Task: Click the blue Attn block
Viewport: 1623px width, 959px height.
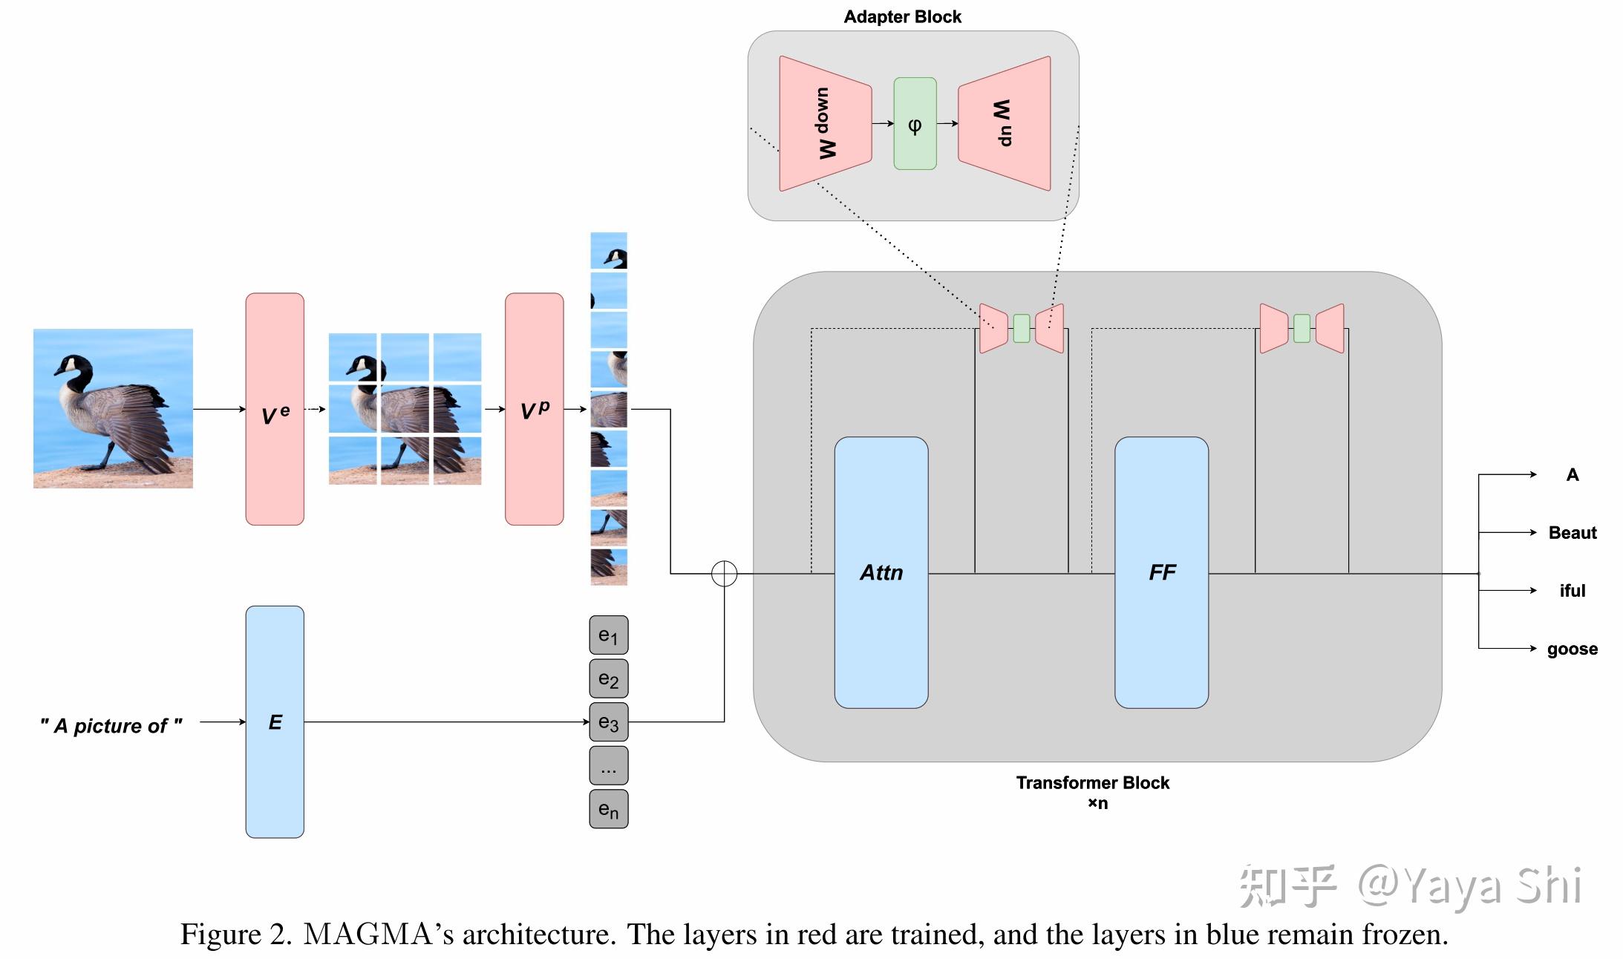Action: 881,572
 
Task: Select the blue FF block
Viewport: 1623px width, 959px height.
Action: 1161,572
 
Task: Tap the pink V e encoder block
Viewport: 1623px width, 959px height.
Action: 275,409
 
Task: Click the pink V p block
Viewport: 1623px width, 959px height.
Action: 534,409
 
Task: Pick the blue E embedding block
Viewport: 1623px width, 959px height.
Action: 275,721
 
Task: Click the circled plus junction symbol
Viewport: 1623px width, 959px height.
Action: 724,573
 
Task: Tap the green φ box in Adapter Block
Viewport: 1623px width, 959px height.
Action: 915,124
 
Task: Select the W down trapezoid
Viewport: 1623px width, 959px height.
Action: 825,124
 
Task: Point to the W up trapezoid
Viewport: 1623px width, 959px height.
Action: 1005,124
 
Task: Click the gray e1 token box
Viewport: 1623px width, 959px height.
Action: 608,635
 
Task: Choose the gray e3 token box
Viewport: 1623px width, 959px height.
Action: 608,722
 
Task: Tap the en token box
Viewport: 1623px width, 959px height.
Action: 608,809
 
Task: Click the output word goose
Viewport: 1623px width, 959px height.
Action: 1572,649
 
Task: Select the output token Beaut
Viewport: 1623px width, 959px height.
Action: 1572,532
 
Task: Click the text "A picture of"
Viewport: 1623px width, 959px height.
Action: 111,725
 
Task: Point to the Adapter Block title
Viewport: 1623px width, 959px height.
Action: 902,17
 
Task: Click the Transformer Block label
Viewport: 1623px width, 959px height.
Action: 1092,783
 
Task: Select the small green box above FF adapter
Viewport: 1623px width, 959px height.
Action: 1302,328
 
